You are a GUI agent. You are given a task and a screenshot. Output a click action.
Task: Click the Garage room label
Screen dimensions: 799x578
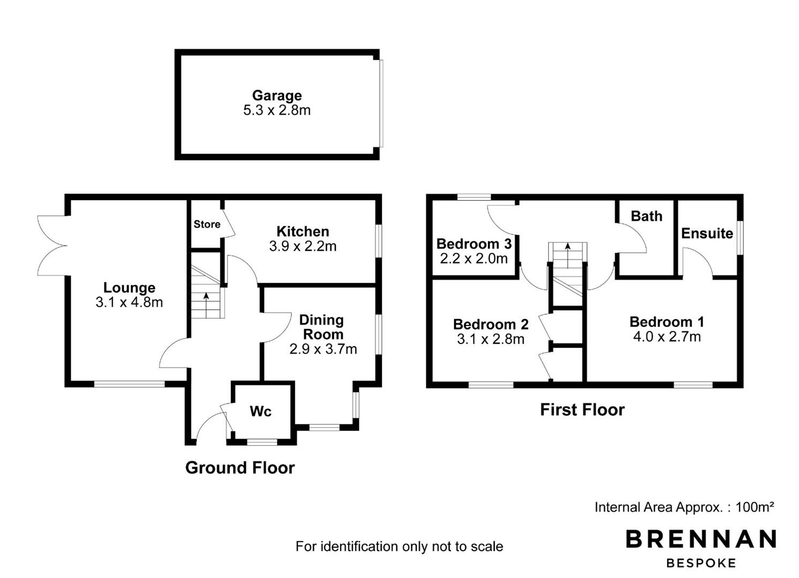[277, 96]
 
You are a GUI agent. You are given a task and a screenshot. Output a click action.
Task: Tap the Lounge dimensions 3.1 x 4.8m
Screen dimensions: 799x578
[129, 302]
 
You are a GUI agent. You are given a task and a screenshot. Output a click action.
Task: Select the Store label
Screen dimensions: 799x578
[207, 224]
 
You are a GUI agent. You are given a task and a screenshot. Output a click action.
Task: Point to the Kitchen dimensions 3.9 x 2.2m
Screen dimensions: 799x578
[303, 246]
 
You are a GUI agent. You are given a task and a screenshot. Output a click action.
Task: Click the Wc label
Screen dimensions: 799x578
[260, 411]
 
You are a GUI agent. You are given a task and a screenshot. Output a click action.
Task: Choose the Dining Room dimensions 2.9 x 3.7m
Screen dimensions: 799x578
[323, 349]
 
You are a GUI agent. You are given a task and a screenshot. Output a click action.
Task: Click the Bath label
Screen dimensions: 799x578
[646, 216]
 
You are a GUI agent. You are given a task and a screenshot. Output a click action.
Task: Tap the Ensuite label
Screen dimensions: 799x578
[707, 233]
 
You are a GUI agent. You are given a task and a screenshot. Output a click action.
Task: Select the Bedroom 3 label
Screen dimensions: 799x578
[474, 244]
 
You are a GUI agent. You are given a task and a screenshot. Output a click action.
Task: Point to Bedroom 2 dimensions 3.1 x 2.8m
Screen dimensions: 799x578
[491, 339]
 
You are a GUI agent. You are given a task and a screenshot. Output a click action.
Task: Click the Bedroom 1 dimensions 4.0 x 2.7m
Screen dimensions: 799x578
[667, 337]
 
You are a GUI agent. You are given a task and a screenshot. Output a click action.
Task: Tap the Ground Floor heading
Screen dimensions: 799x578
[240, 468]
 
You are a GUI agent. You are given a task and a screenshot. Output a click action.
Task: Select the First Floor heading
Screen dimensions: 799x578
[583, 410]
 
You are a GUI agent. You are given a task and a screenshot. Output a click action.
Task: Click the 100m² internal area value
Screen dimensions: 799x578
[755, 507]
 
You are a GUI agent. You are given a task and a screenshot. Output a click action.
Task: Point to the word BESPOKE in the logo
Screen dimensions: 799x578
[701, 563]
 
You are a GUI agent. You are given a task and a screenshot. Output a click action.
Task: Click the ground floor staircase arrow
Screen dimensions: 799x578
[206, 305]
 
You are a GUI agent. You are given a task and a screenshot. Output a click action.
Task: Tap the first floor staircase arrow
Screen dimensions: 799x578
[568, 255]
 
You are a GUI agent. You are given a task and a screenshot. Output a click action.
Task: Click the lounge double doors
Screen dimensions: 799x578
[52, 246]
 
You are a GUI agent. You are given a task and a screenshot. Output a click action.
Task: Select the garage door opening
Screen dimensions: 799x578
[381, 103]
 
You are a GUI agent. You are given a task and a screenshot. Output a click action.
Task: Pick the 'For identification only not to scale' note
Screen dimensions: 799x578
[399, 546]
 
